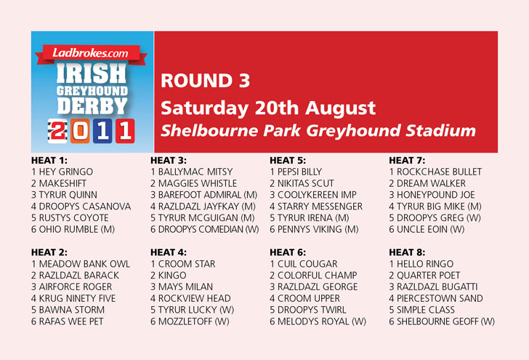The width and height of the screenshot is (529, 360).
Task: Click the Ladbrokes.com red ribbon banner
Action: click(92, 54)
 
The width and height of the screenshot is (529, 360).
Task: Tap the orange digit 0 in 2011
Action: click(80, 131)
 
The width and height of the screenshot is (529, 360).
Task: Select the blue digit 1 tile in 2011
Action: click(102, 131)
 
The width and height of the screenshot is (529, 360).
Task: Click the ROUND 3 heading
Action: click(205, 81)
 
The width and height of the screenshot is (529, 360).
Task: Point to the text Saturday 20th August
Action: click(268, 108)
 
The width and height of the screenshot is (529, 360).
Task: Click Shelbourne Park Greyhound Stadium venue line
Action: click(318, 131)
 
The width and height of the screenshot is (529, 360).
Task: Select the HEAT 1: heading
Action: click(49, 160)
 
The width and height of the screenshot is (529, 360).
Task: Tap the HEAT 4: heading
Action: click(169, 252)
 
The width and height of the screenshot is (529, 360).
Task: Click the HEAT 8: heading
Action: click(407, 252)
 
